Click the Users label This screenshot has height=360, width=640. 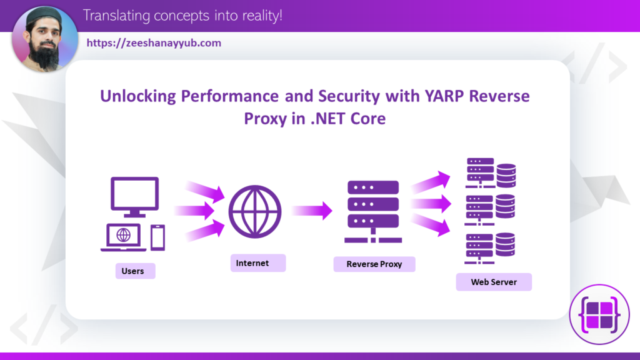pos(133,271)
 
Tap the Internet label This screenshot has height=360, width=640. pos(252,263)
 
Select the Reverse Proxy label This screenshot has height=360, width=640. pos(374,264)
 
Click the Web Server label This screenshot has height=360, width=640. pos(494,282)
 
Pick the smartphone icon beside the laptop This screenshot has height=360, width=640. pos(157,237)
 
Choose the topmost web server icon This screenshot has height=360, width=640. pos(491,172)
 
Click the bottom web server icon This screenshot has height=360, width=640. pos(491,247)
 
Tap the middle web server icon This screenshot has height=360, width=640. pos(491,210)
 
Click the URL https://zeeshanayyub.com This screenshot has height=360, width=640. pos(154,43)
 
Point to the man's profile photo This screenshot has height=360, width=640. pos(44,39)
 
